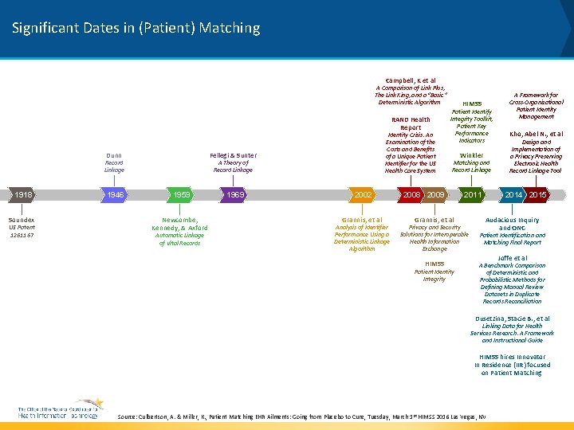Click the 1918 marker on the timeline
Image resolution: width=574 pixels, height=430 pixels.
tap(22, 195)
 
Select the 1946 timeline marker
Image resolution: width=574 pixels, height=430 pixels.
tap(116, 195)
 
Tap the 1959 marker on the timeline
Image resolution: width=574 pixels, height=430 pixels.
tap(181, 195)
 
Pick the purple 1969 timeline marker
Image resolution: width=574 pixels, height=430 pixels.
tap(234, 195)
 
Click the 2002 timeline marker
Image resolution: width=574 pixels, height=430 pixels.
tap(363, 195)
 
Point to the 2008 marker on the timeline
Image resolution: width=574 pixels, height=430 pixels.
tap(411, 195)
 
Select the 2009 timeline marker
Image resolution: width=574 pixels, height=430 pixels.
tap(435, 195)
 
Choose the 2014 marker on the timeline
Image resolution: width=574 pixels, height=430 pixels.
tap(513, 195)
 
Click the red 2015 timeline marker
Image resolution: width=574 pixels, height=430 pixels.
tap(537, 195)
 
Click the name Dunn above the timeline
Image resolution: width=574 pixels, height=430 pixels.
tap(114, 155)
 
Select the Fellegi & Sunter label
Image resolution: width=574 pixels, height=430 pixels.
tap(233, 155)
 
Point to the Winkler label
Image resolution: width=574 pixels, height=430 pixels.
tap(471, 155)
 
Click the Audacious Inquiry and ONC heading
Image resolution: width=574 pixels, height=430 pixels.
tap(513, 224)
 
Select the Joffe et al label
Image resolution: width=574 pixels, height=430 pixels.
tap(513, 258)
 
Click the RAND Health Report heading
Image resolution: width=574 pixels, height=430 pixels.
tap(411, 123)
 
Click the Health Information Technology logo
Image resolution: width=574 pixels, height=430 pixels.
tap(60, 409)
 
